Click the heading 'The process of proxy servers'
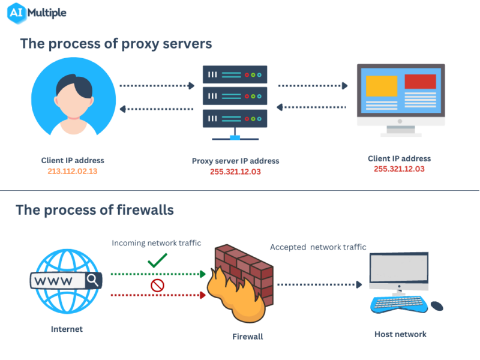pyautogui.click(x=116, y=44)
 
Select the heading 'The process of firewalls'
pyautogui.click(x=95, y=210)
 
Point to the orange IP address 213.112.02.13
pyautogui.click(x=73, y=171)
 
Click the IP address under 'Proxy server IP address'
pyautogui.click(x=235, y=172)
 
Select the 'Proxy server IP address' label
pyautogui.click(x=235, y=161)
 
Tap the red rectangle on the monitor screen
pyautogui.click(x=420, y=81)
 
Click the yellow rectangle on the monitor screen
pyautogui.click(x=382, y=86)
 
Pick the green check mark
pyautogui.click(x=157, y=260)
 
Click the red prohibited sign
pyautogui.click(x=157, y=286)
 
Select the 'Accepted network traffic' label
pyautogui.click(x=318, y=247)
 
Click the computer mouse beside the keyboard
pyautogui.click(x=437, y=306)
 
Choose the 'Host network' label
pyautogui.click(x=400, y=334)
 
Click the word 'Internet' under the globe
pyautogui.click(x=67, y=329)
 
